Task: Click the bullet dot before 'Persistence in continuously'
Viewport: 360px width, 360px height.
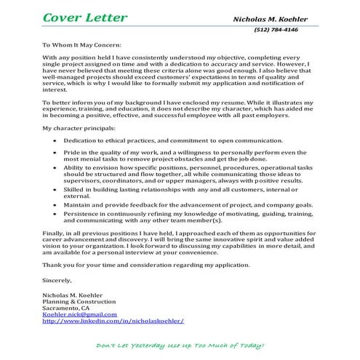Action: click(56, 217)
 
